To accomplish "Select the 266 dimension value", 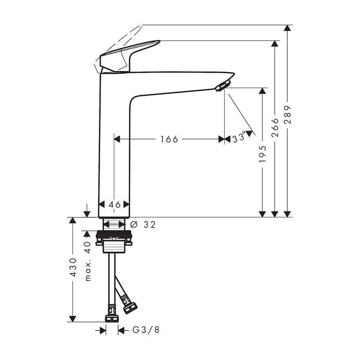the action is (275, 128).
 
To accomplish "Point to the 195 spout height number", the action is (262, 154).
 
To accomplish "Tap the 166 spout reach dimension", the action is (169, 139).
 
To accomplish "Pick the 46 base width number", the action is (114, 204).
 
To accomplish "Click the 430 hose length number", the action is (73, 267).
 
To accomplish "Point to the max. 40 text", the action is (88, 261).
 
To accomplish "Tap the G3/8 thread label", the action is (146, 330).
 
